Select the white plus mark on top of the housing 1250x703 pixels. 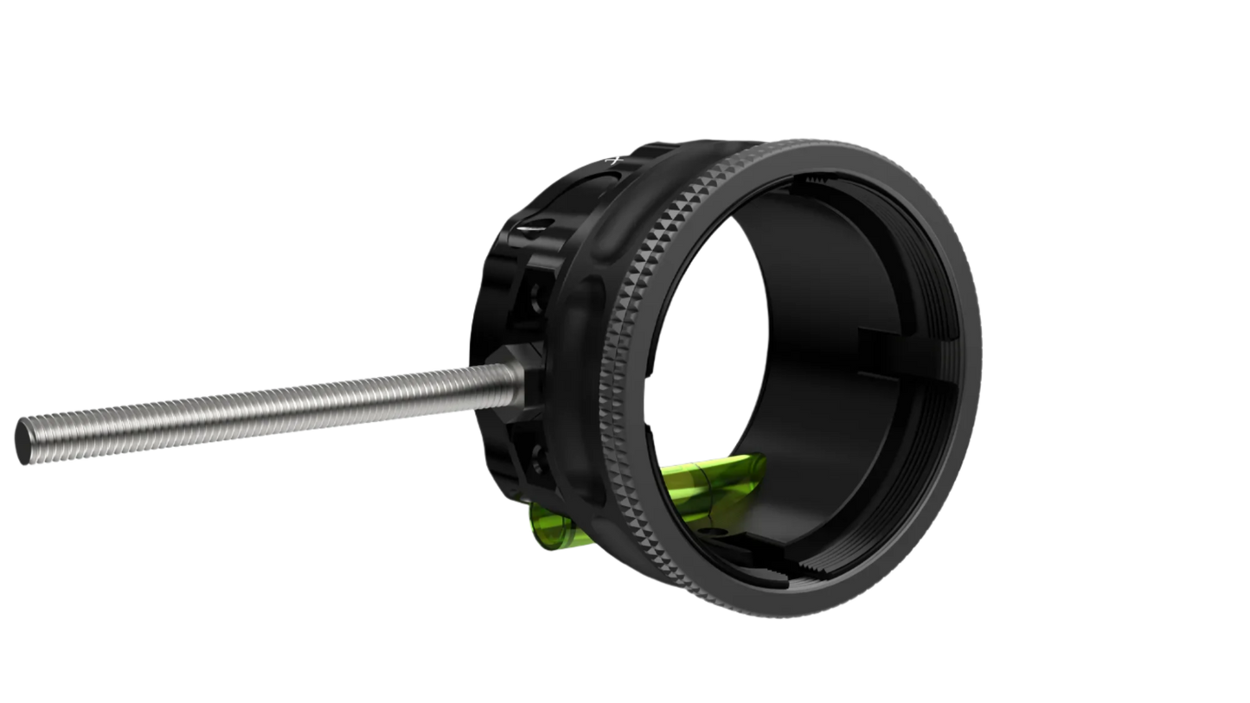tap(615, 160)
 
